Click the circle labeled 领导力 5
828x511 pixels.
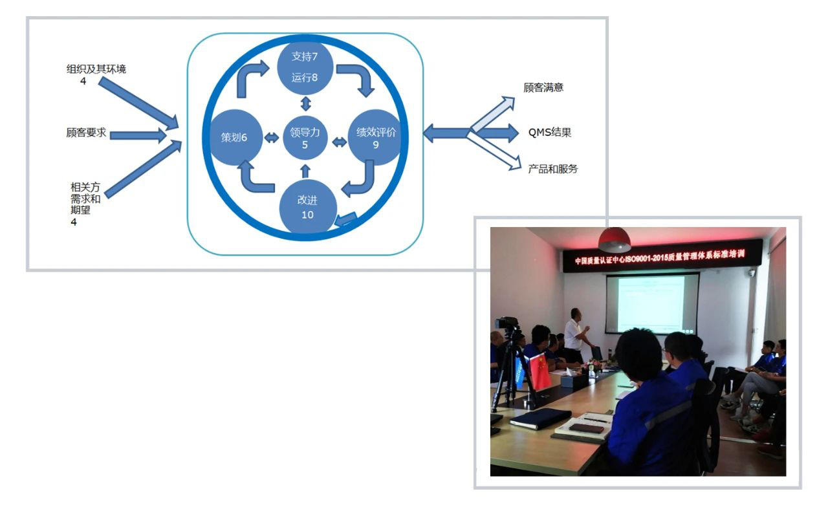point(305,138)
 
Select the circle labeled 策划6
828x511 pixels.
point(236,138)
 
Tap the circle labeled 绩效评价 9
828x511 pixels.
point(375,138)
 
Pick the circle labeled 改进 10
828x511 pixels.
point(308,206)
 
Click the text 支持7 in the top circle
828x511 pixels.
point(305,56)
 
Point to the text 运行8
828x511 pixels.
point(305,78)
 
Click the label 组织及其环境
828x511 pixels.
point(96,69)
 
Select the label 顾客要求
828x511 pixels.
point(86,133)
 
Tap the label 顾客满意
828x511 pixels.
point(543,87)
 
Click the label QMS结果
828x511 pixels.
point(550,132)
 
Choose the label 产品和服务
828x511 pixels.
point(553,169)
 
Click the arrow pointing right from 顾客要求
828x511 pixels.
point(138,135)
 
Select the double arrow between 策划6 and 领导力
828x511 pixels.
point(272,138)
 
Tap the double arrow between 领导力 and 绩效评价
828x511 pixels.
point(340,142)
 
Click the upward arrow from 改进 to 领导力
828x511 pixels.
point(305,171)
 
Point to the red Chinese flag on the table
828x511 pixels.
point(540,371)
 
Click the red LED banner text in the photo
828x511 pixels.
point(659,257)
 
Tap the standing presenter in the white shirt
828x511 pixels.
point(576,334)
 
